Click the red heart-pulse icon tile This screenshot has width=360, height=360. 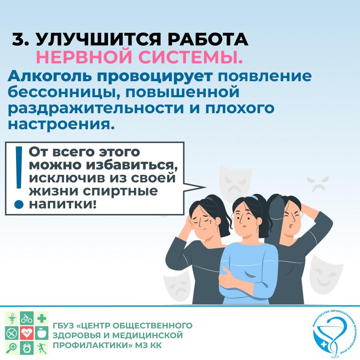pos(27,333)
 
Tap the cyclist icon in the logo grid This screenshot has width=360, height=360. pos(27,318)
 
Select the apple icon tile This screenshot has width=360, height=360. pos(42,333)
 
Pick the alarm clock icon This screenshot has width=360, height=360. pos(27,348)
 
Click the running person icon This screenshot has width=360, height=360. pos(42,348)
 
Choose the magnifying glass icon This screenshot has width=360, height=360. pos(12,348)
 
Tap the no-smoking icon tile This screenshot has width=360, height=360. pos(12,333)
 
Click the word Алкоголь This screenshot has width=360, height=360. pos(49,76)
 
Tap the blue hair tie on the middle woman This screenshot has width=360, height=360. pos(255,197)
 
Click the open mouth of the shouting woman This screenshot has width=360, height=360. pos(291,226)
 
